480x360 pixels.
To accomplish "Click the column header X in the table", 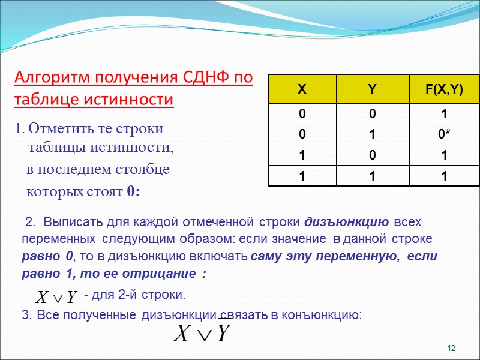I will (302, 89).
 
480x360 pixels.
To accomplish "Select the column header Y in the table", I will (372, 89).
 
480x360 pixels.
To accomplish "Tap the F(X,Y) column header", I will (444, 89).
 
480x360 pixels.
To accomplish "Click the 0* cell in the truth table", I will (444, 135).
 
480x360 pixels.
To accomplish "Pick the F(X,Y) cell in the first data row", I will (444, 114).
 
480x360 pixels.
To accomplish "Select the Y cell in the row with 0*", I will (372, 135).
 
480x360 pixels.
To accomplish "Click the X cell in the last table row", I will (302, 177).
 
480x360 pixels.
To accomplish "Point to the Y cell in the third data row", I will (372, 156).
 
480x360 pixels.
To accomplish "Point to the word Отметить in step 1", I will (58, 128).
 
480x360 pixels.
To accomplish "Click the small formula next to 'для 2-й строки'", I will (56, 296).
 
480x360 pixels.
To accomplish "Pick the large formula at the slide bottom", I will (202, 333).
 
